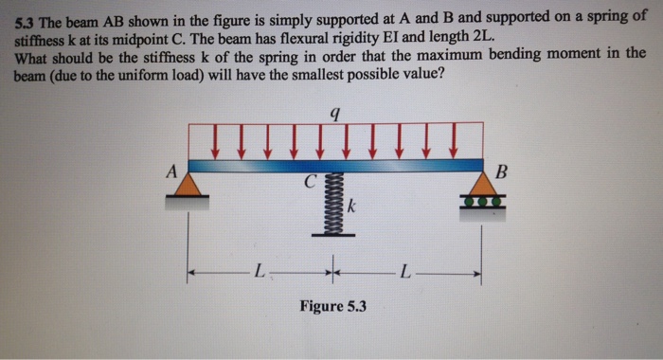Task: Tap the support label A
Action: tap(170, 171)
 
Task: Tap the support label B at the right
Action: tap(502, 171)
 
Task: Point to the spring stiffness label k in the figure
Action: tap(351, 204)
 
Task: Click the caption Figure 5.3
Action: tap(332, 306)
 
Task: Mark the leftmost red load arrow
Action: tap(217, 145)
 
